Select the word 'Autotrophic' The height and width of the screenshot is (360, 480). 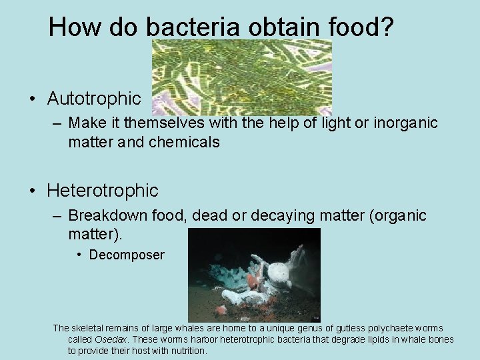[94, 99]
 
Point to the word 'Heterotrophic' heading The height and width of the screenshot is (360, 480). [103, 191]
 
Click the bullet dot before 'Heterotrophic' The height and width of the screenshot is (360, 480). [32, 191]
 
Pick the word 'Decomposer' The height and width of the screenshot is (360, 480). [127, 255]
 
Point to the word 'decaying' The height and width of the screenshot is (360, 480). [300, 216]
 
